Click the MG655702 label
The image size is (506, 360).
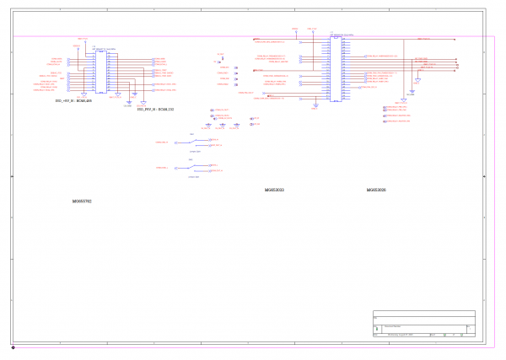82,201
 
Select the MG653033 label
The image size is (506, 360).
274,191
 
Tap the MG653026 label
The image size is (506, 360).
376,191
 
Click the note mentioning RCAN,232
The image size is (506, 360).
155,109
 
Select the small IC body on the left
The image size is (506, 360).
100,71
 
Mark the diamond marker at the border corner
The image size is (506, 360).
13,347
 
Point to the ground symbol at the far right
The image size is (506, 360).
412,92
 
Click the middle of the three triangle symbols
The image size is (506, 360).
222,126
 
